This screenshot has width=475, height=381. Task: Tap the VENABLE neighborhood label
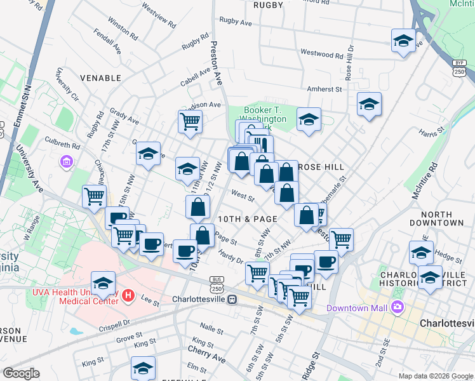point(100,77)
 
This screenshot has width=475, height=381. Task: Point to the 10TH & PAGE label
point(247,218)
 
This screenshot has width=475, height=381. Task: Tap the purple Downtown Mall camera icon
point(398,308)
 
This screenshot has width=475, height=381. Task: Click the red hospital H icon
point(128,295)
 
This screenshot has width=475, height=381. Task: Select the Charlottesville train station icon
point(232,298)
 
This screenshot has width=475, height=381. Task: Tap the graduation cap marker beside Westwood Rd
point(403,41)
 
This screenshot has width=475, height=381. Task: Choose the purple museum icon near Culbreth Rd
point(67,163)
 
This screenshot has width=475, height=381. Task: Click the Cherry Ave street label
point(206,350)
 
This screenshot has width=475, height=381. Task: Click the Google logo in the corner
point(21,373)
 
